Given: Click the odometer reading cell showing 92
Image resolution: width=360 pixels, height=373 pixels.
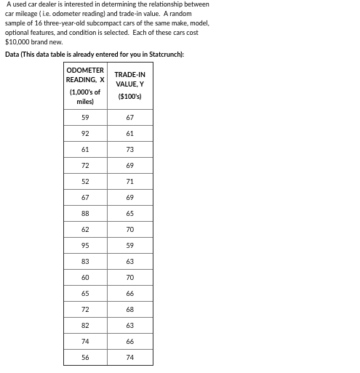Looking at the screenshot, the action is pos(85,133).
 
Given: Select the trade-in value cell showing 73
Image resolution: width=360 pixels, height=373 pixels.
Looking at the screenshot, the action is pos(129,149).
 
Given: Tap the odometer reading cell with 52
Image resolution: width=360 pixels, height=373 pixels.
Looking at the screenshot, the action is pos(85,181).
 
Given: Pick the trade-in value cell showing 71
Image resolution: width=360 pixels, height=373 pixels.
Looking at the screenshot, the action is pos(129,181).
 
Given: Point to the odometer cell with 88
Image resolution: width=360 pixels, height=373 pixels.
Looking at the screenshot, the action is pos(85,213).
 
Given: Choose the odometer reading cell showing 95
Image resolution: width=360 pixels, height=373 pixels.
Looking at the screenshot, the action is pos(85,245).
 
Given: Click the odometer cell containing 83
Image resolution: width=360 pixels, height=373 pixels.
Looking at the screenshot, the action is pos(85,261).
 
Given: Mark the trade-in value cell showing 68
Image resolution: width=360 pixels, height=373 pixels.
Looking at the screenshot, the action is pos(129,309).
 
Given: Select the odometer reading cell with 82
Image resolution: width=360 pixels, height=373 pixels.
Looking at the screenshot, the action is pos(85,325).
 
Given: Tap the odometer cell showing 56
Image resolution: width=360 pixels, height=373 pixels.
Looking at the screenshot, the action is pos(85,357).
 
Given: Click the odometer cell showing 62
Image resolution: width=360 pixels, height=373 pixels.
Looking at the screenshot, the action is pos(85,229).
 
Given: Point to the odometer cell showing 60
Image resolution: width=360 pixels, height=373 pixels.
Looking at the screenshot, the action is pos(85,277).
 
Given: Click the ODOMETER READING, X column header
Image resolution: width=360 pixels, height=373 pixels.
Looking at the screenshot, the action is pos(85,75).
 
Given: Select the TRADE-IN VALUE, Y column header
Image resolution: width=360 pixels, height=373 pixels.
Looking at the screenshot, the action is pos(129,79).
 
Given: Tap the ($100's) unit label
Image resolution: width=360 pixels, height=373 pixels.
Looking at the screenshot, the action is pos(129,97).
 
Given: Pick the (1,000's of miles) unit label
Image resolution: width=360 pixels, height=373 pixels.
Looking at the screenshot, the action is pos(85,97).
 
